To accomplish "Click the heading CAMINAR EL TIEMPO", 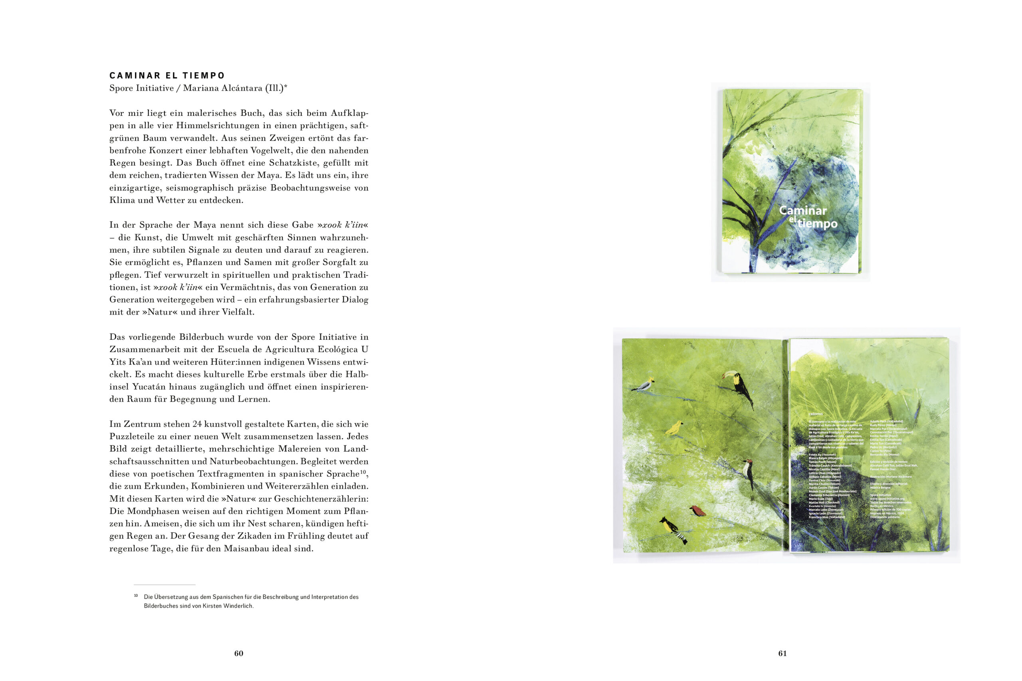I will (x=167, y=75).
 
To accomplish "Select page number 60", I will (x=238, y=653).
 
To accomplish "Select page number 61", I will (x=782, y=653).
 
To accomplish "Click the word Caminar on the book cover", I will (x=803, y=211).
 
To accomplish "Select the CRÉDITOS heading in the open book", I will (x=815, y=414).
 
